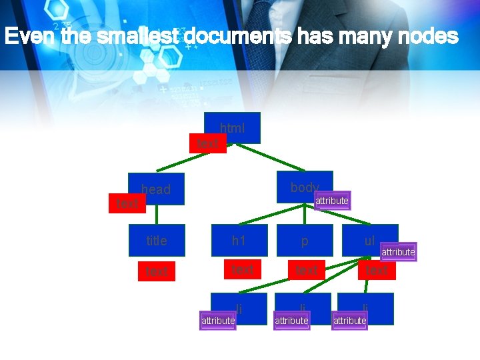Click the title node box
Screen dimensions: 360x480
point(157,240)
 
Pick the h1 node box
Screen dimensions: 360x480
point(239,240)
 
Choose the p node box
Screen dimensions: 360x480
point(305,240)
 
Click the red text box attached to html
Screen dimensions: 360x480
point(208,143)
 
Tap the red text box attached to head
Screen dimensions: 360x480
point(127,203)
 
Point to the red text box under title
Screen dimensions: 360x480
point(157,271)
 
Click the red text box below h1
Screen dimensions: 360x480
point(242,269)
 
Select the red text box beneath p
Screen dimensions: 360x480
point(307,270)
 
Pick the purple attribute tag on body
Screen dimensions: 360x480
point(332,201)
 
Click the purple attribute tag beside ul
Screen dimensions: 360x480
point(398,252)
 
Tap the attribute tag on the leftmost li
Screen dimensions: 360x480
point(218,321)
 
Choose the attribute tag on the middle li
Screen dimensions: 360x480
point(291,321)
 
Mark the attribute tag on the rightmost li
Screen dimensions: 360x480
point(350,321)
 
